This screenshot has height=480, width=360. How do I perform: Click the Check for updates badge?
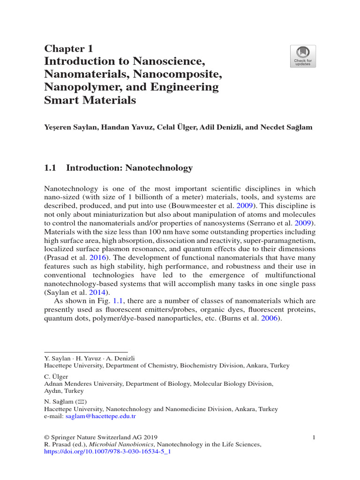tap(303, 56)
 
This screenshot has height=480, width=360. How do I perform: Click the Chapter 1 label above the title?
tap(68, 48)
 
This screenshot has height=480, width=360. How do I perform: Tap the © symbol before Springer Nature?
tap(46, 437)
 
